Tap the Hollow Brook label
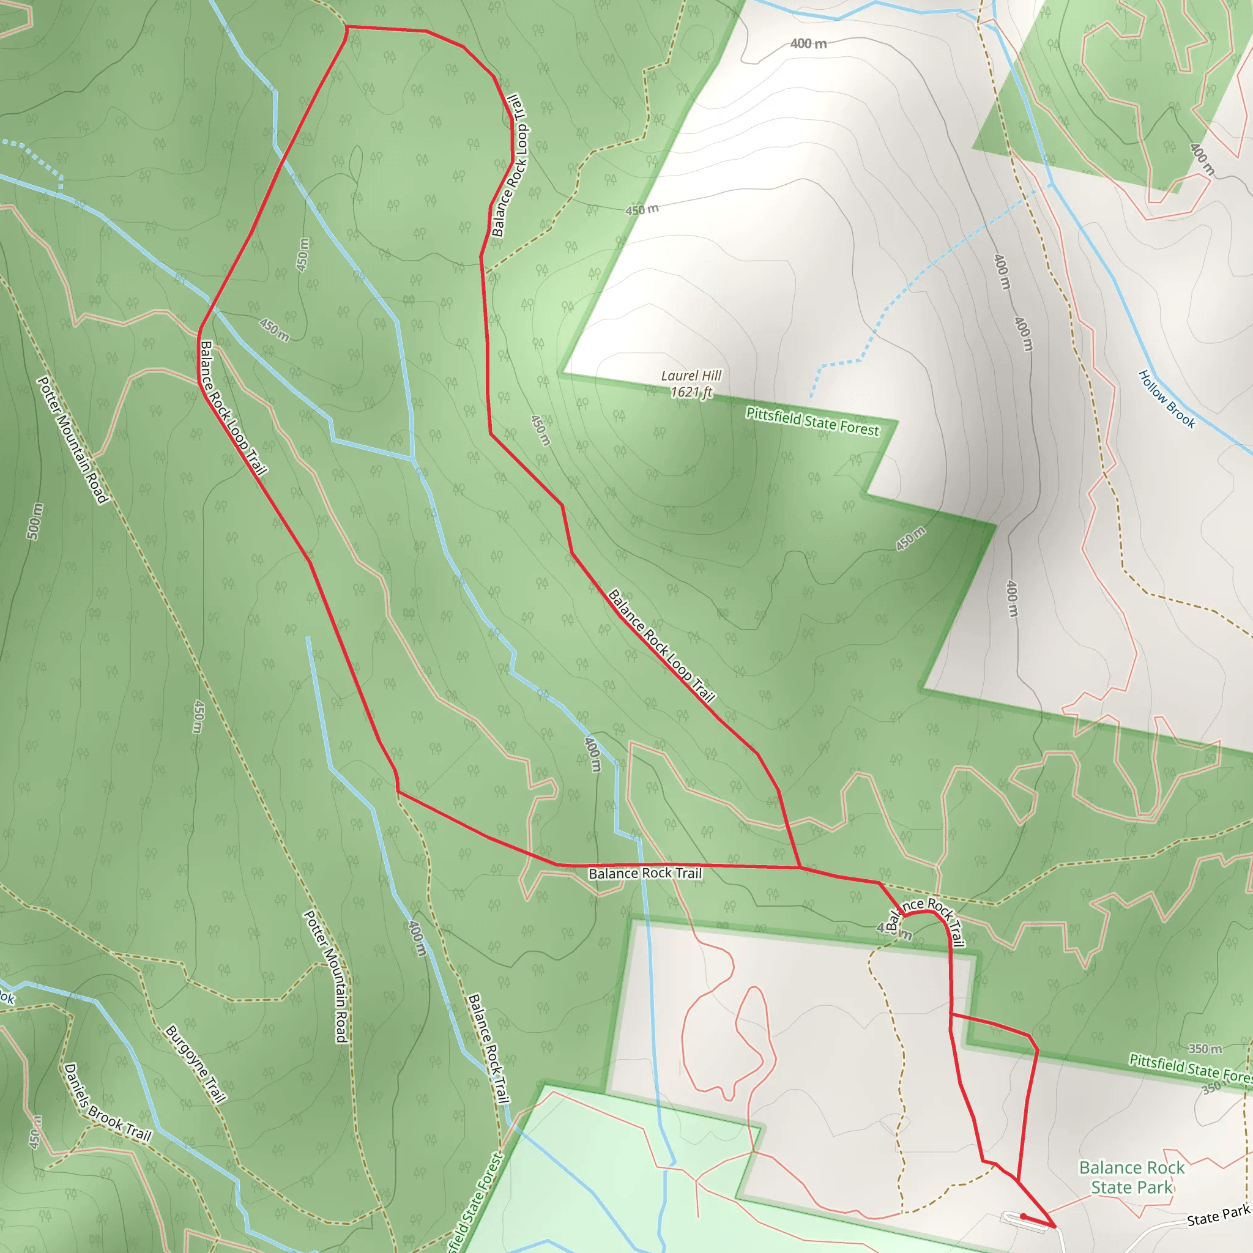(1167, 399)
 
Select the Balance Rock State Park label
(1132, 1177)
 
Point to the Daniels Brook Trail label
(108, 1102)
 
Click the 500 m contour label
(35, 521)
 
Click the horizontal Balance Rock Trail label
(645, 874)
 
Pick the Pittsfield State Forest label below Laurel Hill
(812, 422)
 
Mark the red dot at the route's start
(1023, 1216)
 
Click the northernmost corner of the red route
(347, 28)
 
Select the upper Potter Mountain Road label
(72, 440)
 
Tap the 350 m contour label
(1205, 1049)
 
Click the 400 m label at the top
(808, 43)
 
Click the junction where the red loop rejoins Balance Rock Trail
(800, 867)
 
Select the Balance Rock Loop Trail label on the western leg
(233, 408)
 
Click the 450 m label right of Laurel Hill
(910, 539)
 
